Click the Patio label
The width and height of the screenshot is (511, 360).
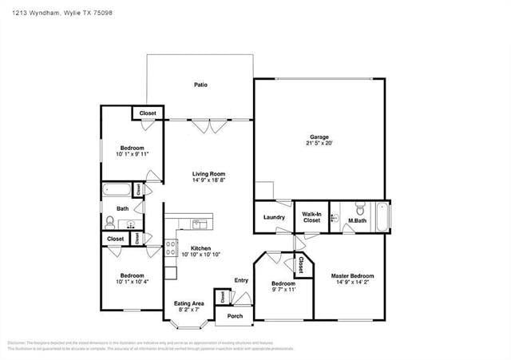(x=201, y=84)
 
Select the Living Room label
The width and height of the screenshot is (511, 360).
(x=208, y=173)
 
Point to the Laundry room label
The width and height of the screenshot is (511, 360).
(x=274, y=217)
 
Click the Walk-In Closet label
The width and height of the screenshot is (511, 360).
(x=311, y=216)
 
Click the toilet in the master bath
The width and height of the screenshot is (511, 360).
(x=359, y=212)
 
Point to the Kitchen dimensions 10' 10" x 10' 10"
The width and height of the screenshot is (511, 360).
(x=200, y=255)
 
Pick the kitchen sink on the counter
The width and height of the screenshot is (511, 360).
(x=199, y=224)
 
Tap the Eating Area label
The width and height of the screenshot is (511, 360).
(x=189, y=303)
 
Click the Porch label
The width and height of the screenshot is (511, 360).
(x=235, y=316)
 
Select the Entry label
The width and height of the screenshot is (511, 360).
(x=241, y=280)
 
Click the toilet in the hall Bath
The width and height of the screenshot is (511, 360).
(x=110, y=221)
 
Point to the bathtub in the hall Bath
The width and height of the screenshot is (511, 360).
(x=117, y=191)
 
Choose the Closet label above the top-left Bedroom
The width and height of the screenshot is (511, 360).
(x=148, y=113)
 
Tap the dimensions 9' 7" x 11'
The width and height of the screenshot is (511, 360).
(x=283, y=290)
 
